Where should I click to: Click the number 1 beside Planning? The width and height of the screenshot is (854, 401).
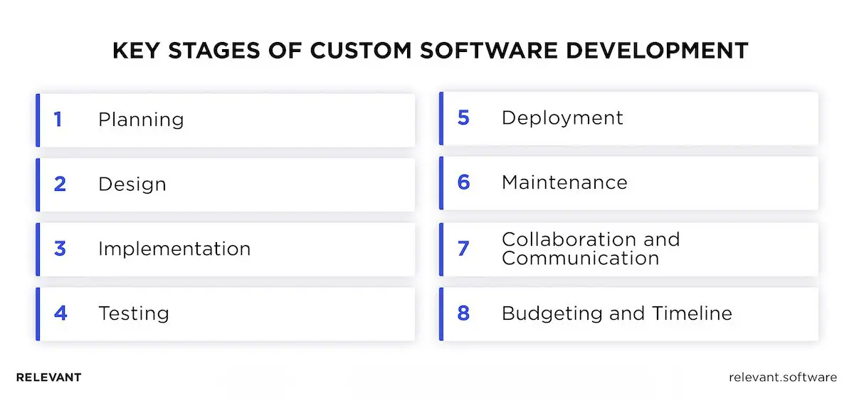(58, 119)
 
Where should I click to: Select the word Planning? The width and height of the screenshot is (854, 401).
(141, 120)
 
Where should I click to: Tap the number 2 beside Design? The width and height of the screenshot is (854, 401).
(60, 184)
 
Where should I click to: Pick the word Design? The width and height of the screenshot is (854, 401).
(132, 184)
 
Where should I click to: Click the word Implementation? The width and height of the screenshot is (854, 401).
(174, 249)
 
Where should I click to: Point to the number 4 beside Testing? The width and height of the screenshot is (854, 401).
(60, 313)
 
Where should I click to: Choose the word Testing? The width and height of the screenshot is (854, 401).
(134, 313)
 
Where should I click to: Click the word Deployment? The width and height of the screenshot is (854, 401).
(562, 118)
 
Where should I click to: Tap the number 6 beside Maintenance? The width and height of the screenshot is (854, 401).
(463, 182)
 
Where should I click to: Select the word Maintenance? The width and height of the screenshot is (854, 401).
(564, 182)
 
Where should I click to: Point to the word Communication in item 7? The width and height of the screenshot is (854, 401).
(580, 257)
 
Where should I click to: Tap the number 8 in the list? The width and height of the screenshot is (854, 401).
(463, 313)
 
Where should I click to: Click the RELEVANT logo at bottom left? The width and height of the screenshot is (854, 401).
(48, 377)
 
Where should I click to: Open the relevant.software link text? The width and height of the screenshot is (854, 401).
(783, 377)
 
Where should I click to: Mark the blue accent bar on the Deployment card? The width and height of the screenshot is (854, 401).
(441, 118)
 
